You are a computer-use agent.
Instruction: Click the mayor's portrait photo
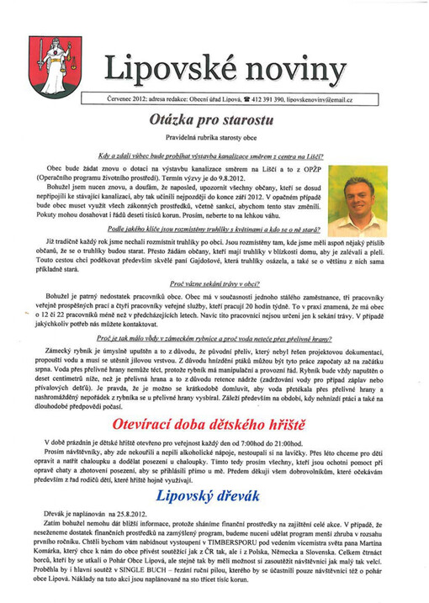(357, 199)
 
